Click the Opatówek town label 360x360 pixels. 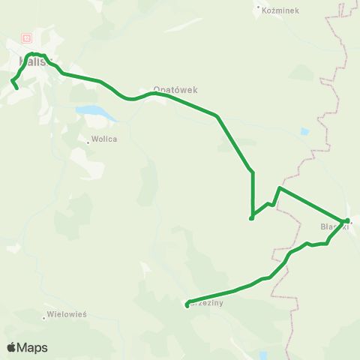pyautogui.click(x=175, y=88)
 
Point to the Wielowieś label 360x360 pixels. pyautogui.click(x=67, y=314)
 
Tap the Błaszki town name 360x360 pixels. pyautogui.click(x=333, y=226)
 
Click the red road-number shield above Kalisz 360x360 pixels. pyautogui.click(x=27, y=37)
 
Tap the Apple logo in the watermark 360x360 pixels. pyautogui.click(x=11, y=347)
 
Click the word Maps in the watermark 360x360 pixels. pyautogui.click(x=32, y=348)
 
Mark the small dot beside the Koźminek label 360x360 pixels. pyautogui.click(x=259, y=8)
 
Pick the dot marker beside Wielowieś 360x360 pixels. pyautogui.click(x=44, y=317)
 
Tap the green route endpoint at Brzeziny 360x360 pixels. pyautogui.click(x=187, y=305)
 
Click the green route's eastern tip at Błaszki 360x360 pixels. pyautogui.click(x=347, y=220)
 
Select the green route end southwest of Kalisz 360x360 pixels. pyautogui.click(x=16, y=88)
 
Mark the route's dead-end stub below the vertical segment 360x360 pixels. pyautogui.click(x=251, y=218)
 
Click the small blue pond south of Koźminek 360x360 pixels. pyautogui.click(x=304, y=132)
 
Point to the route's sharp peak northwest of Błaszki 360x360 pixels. pyautogui.click(x=279, y=187)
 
